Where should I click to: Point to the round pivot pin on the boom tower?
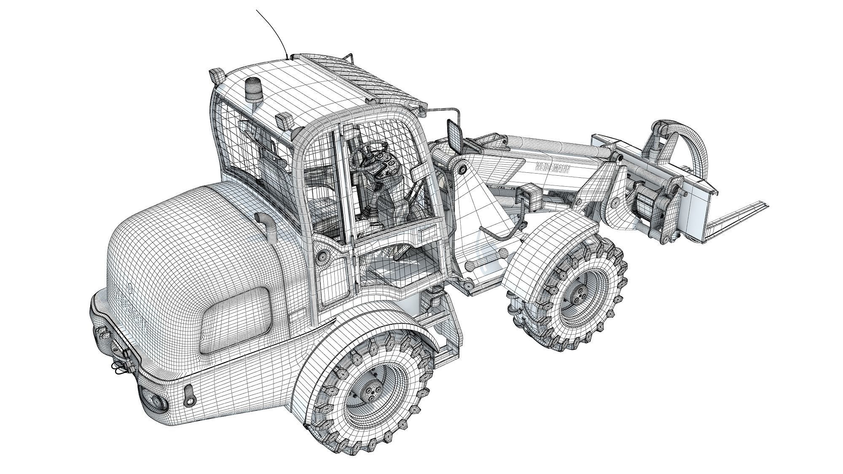pyautogui.click(x=463, y=169)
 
